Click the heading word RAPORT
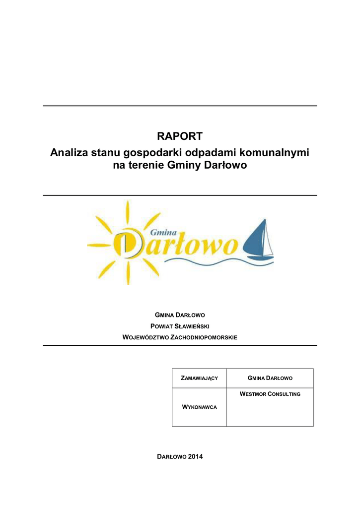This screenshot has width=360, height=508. click(180, 136)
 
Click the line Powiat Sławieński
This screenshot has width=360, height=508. click(180, 326)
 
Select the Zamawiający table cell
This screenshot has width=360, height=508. click(199, 379)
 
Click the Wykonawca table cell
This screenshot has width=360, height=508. click(199, 407)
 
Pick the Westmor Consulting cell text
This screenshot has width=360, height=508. click(270, 394)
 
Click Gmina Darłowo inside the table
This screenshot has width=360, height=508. click(270, 379)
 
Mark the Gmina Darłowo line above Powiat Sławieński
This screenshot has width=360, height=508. click(180, 315)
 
